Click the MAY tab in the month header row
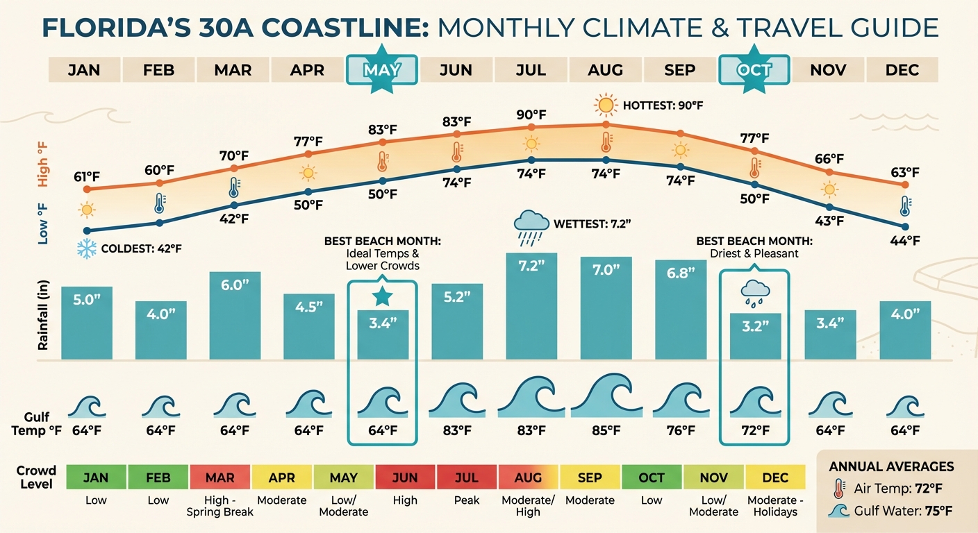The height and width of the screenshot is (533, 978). coord(381,70)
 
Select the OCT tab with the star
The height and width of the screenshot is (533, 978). coord(754,70)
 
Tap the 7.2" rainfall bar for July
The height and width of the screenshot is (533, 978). coord(531,305)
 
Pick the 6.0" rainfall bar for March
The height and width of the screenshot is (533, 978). coord(235,316)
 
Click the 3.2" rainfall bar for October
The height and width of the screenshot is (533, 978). coord(754,336)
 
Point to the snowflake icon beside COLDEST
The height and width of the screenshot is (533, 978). coord(87,249)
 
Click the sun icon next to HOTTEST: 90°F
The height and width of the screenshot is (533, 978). coord(606,106)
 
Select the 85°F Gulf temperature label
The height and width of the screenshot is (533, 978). coord(606,431)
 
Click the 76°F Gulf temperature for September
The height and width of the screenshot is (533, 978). coord(680,431)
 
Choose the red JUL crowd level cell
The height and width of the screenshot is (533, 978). coord(467,477)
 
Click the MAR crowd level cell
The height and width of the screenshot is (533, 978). coord(219,477)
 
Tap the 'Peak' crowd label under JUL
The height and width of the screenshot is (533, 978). coord(467,500)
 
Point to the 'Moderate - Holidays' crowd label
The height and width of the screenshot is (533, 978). coord(775,505)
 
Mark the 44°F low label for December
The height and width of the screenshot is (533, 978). coord(904,241)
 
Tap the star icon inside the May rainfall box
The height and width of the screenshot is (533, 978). coord(381,297)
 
